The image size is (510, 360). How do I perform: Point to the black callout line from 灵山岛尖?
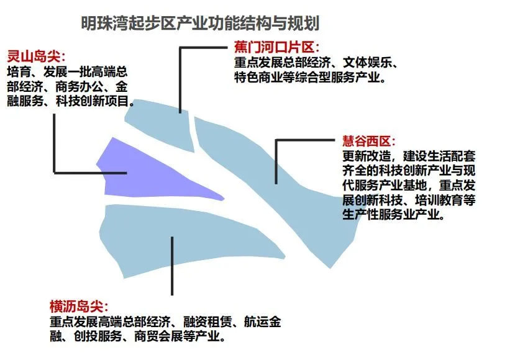point(55,143)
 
